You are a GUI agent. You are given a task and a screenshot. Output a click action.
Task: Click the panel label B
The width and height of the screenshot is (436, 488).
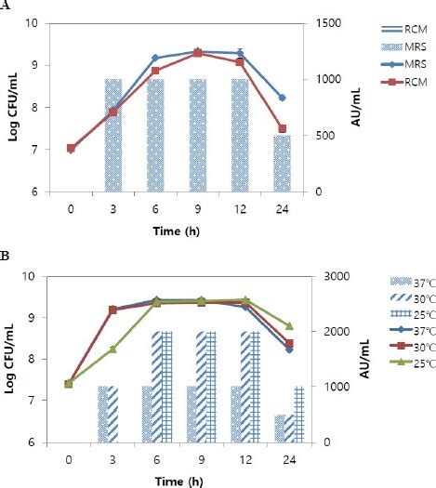pyautogui.click(x=6, y=251)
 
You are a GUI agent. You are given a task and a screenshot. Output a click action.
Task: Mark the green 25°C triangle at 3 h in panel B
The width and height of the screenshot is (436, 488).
pyautogui.click(x=113, y=350)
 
